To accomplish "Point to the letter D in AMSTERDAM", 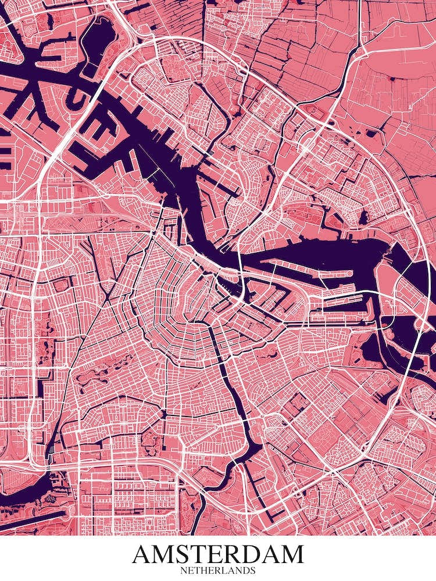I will coord(248,555).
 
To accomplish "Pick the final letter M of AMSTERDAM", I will coord(291,555).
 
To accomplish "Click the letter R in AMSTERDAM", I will coord(228,555).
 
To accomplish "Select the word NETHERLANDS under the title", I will coord(218,571).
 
